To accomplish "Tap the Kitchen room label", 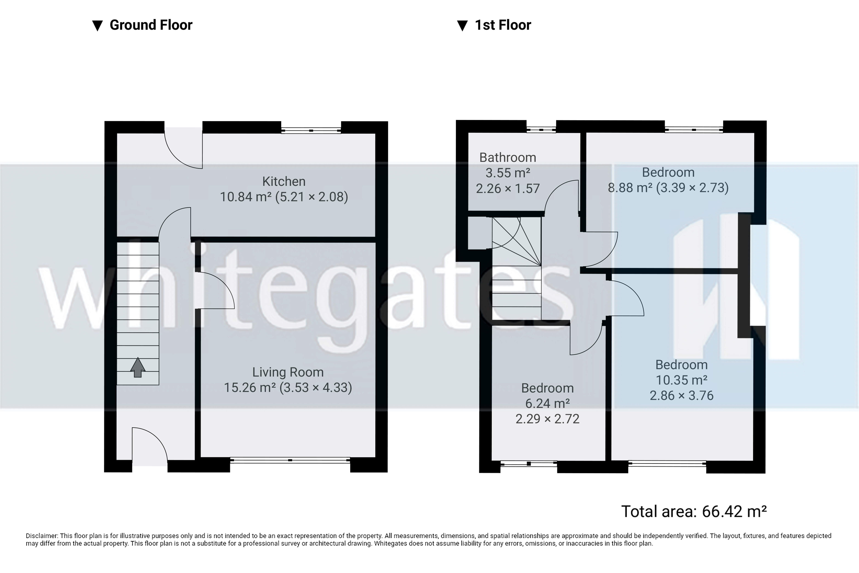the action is tap(284, 181).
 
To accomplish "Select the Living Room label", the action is tap(288, 372).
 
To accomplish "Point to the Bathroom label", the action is tap(508, 157).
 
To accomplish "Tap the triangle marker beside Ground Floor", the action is tap(97, 26).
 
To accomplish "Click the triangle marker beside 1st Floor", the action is tap(462, 26).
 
